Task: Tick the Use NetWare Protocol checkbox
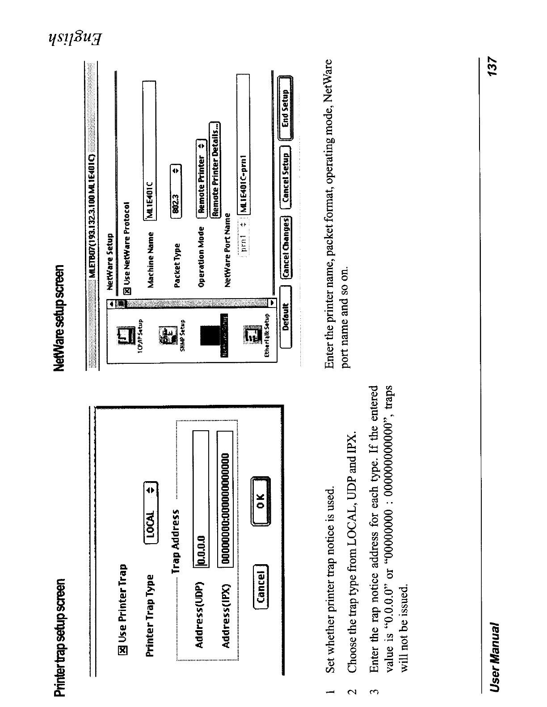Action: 128,291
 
